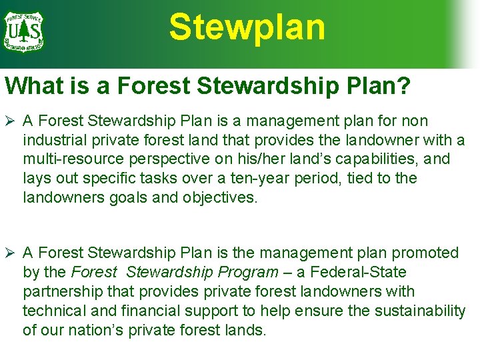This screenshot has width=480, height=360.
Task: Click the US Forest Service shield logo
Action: (23, 31)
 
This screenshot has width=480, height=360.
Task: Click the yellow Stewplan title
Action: (247, 28)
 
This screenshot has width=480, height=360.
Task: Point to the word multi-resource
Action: (69, 160)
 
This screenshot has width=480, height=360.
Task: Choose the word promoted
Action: (426, 253)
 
